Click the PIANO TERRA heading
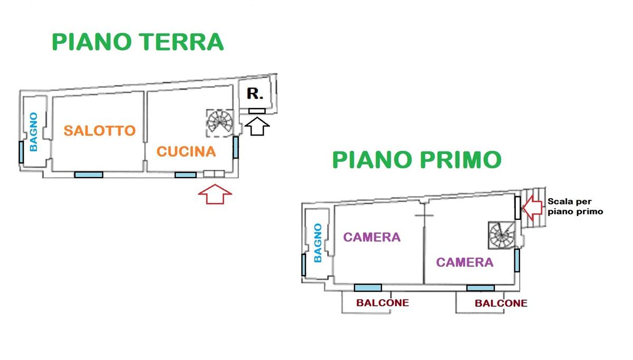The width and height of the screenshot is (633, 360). pyautogui.click(x=138, y=42)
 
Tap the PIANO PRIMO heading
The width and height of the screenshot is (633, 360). pyautogui.click(x=417, y=160)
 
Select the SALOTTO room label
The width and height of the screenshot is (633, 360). pyautogui.click(x=100, y=130)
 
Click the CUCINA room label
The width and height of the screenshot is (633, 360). pyautogui.click(x=186, y=152)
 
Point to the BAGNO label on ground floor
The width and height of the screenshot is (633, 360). pyautogui.click(x=34, y=132)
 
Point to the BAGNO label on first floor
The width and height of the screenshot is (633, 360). pyautogui.click(x=318, y=243)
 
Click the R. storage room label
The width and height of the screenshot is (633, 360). pyautogui.click(x=255, y=93)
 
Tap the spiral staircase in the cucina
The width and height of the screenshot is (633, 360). pyautogui.click(x=219, y=123)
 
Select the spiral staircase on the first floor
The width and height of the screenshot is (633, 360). pyautogui.click(x=502, y=235)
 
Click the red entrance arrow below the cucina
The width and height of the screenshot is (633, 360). pyautogui.click(x=215, y=194)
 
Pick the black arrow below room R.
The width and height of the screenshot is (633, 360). pyautogui.click(x=257, y=126)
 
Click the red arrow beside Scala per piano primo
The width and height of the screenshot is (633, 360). pyautogui.click(x=532, y=208)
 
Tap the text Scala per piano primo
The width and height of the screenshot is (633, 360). pyautogui.click(x=575, y=207)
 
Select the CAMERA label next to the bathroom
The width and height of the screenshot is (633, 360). pyautogui.click(x=372, y=237)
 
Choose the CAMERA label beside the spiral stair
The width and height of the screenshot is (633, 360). pyautogui.click(x=465, y=262)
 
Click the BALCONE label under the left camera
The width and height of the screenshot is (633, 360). pyautogui.click(x=382, y=303)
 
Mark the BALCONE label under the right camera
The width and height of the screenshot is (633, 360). pyautogui.click(x=501, y=303)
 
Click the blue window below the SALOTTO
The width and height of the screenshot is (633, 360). pyautogui.click(x=89, y=175)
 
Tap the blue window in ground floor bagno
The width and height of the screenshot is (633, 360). pyautogui.click(x=21, y=152)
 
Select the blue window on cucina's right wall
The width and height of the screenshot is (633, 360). pyautogui.click(x=236, y=148)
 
